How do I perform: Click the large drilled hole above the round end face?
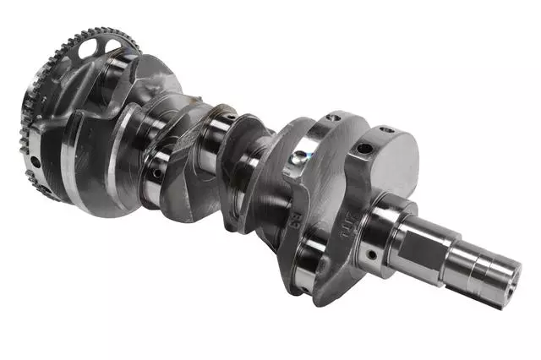363,149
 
